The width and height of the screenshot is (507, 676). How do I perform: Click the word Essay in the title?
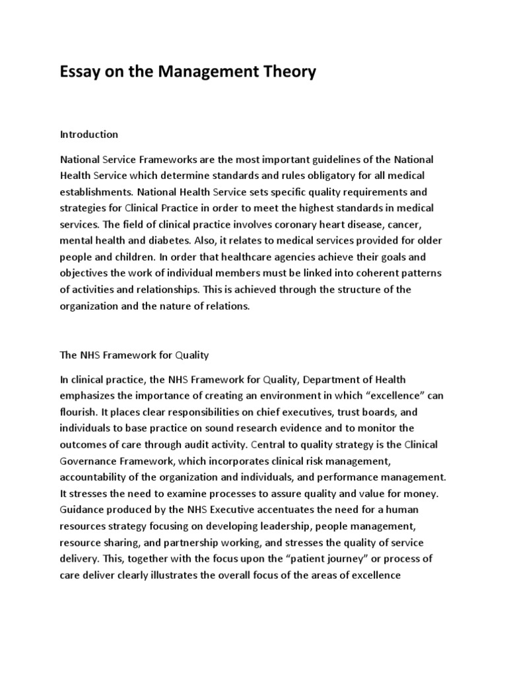[x=83, y=71]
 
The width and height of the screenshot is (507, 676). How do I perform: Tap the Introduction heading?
[x=89, y=135]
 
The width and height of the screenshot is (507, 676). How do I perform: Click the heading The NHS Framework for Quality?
[x=134, y=355]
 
